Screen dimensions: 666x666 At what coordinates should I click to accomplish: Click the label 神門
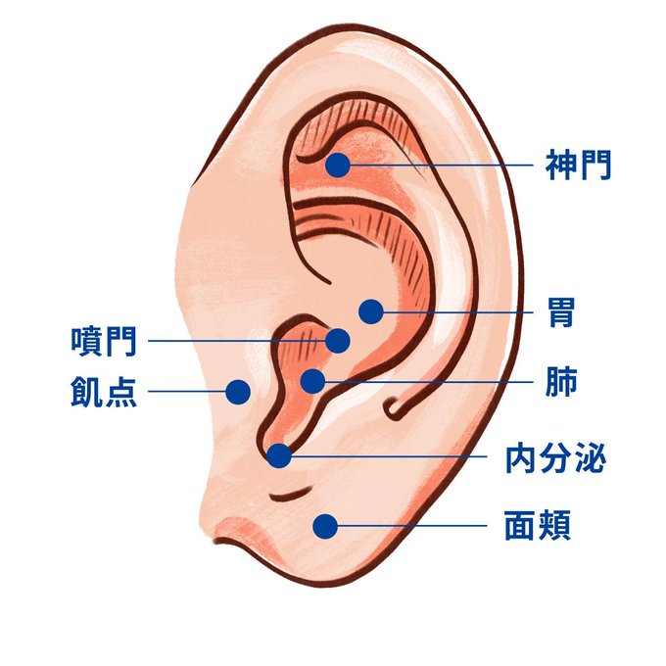578,165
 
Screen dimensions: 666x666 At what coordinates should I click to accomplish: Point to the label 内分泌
555,456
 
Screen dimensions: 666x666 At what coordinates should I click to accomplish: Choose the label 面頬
537,527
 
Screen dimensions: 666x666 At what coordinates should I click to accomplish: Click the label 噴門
103,342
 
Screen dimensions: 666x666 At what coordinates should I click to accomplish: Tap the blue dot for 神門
338,165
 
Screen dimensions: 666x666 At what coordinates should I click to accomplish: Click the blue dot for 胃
370,311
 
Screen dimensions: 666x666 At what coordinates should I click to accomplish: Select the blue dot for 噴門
338,341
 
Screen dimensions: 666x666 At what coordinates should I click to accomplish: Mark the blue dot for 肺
312,381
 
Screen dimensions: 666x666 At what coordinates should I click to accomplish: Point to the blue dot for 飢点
236,392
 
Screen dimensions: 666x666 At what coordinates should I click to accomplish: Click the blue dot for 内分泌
279,455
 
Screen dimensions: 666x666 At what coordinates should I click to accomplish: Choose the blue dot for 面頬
325,527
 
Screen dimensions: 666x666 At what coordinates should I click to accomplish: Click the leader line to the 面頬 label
411,527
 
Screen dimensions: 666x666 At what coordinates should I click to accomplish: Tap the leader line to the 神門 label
441,165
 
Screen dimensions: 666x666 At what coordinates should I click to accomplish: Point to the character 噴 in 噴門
86,342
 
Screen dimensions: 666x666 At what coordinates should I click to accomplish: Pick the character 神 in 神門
560,165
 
